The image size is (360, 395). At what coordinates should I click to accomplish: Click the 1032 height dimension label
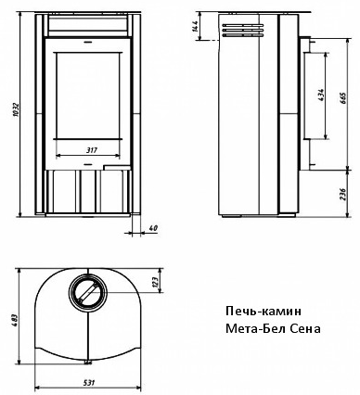(x=16, y=109)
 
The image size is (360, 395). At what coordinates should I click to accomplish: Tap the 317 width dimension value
(x=92, y=150)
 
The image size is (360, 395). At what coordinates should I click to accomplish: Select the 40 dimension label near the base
(x=153, y=228)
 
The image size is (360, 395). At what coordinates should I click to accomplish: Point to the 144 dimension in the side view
(x=195, y=27)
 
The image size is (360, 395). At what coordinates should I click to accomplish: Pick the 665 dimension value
(x=344, y=98)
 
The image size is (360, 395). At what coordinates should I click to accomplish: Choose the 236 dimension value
(x=344, y=194)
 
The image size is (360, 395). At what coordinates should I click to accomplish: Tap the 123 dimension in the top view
(x=156, y=281)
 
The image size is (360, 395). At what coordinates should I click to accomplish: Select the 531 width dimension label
(x=89, y=383)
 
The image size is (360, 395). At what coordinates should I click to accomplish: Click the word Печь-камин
(x=264, y=311)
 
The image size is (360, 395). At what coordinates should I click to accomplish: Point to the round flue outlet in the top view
(x=88, y=292)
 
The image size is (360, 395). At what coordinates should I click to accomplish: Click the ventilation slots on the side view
(x=242, y=31)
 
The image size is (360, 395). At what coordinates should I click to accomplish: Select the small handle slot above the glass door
(x=88, y=41)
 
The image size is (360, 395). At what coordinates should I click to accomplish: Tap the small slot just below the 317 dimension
(x=88, y=163)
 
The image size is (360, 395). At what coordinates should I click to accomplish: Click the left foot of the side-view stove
(x=231, y=217)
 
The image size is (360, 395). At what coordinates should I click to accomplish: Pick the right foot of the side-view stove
(x=286, y=215)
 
